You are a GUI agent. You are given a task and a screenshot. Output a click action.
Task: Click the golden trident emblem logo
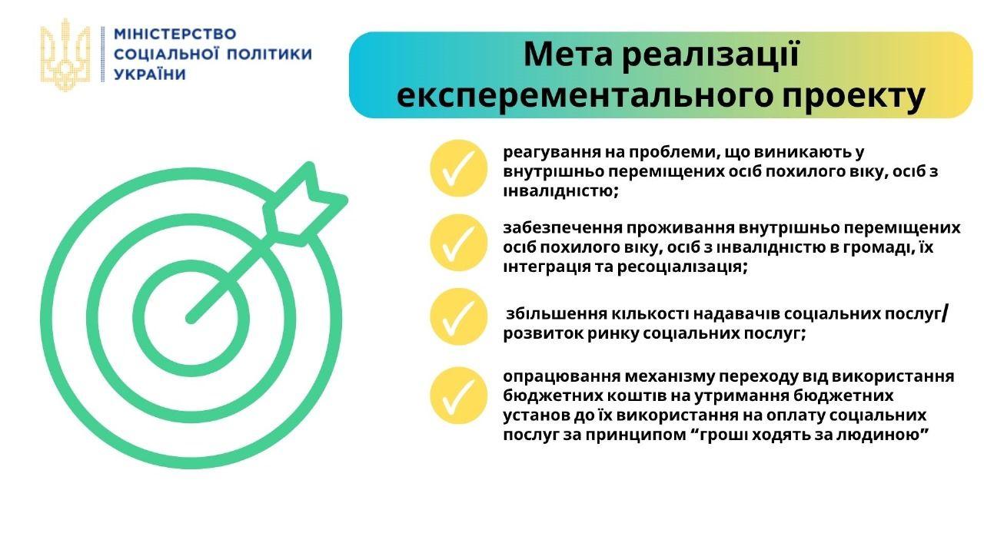click(65, 55)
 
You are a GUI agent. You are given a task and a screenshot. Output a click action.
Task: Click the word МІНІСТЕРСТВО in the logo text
click(175, 35)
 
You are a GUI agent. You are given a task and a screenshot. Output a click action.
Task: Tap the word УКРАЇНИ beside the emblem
click(150, 74)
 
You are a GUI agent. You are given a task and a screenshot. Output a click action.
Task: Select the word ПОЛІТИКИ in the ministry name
click(269, 55)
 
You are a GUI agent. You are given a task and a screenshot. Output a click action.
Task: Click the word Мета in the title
click(568, 55)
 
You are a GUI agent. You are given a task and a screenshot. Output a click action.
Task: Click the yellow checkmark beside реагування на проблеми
click(459, 168)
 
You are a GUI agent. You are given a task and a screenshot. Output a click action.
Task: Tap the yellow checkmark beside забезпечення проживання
click(459, 243)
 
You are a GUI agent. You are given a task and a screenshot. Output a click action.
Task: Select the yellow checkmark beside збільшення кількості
click(459, 316)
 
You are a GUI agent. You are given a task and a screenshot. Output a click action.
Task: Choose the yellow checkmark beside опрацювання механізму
click(459, 396)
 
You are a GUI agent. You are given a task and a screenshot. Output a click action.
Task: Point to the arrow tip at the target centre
click(190, 319)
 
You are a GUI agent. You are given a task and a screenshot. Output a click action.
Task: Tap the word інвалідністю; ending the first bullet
click(561, 191)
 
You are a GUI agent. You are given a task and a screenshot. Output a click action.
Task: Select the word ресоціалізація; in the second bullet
click(683, 267)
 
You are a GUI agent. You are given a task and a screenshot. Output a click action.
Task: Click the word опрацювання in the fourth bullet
click(561, 377)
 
